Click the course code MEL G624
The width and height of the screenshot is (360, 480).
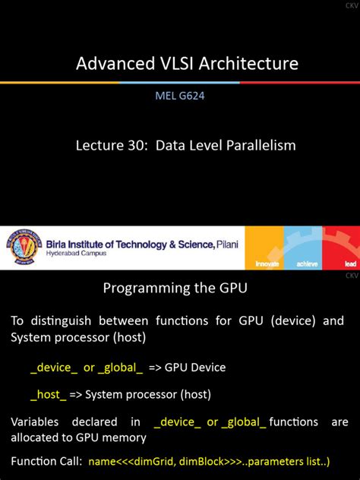point(180,96)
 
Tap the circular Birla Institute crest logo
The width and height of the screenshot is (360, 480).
point(22,248)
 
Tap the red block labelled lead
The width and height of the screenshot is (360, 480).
point(341,248)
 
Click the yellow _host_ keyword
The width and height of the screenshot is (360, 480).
point(46,394)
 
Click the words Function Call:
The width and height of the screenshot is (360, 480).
point(46,461)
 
